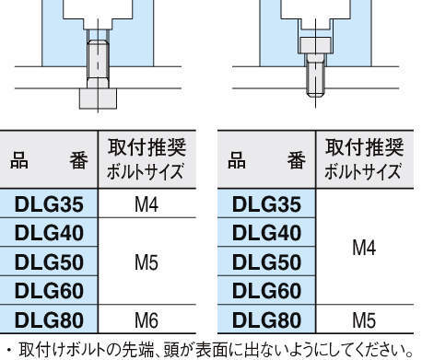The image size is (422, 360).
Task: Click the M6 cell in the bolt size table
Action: coord(147,320)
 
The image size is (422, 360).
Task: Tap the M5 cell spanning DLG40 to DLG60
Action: coord(147,262)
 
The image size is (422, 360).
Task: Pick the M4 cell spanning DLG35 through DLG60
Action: coord(364,248)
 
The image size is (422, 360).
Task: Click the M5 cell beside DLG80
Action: coord(364,320)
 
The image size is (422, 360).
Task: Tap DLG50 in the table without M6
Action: coord(266,262)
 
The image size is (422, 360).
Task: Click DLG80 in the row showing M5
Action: coord(266,320)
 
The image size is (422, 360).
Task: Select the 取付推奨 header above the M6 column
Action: coord(147,147)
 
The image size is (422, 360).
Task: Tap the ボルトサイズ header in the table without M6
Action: coord(364,172)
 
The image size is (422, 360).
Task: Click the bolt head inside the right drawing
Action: coord(313,44)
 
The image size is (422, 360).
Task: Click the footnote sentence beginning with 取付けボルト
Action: coord(211,349)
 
